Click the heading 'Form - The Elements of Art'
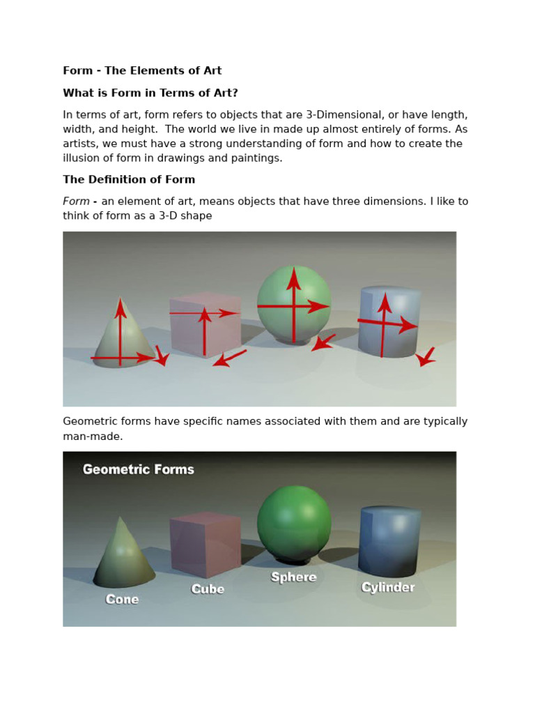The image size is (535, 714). click(142, 70)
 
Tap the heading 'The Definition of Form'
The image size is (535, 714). click(129, 179)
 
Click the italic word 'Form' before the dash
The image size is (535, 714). click(76, 202)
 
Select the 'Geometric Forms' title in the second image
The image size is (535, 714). click(139, 469)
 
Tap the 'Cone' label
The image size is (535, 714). click(122, 599)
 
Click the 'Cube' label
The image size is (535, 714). click(208, 589)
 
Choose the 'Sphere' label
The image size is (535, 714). click(293, 577)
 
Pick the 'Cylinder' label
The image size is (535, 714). click(388, 587)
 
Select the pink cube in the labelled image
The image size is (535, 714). click(205, 544)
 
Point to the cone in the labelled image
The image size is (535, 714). click(123, 554)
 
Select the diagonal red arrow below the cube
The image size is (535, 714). click(229, 358)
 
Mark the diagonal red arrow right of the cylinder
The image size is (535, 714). click(426, 357)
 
